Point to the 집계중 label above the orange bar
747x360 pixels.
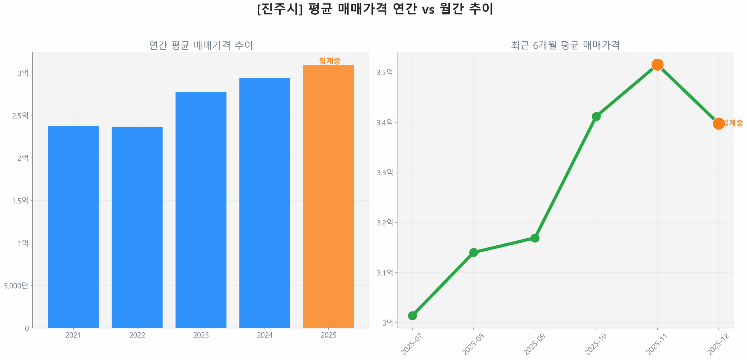click(x=329, y=61)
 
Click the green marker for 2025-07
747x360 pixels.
click(x=412, y=315)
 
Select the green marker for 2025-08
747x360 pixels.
click(x=473, y=252)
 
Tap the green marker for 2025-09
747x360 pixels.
click(x=535, y=238)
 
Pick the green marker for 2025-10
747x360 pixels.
click(x=596, y=116)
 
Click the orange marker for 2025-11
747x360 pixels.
click(x=657, y=64)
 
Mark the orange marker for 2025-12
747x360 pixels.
click(x=718, y=123)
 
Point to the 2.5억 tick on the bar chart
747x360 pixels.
click(x=20, y=116)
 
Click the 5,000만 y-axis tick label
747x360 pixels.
click(x=16, y=285)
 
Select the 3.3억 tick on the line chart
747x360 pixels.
click(x=385, y=172)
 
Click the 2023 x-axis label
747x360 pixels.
click(x=201, y=335)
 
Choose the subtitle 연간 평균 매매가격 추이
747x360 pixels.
click(x=201, y=45)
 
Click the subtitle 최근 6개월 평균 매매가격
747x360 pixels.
click(x=565, y=45)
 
